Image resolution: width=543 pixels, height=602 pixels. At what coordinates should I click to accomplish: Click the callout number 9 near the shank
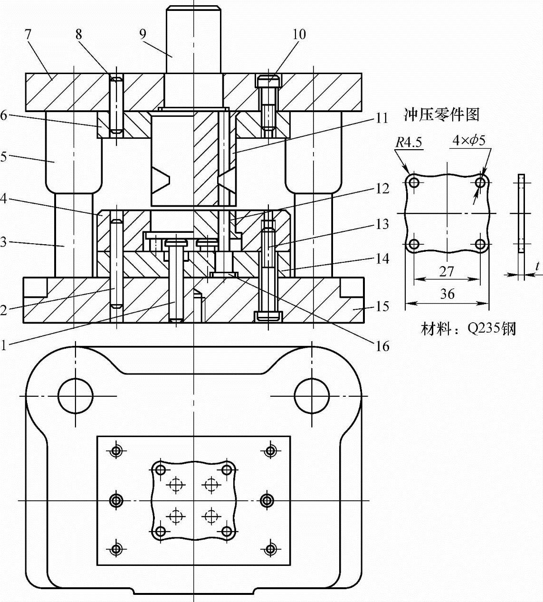(x=143, y=34)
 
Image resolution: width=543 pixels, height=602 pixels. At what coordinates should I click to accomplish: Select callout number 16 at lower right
(x=382, y=346)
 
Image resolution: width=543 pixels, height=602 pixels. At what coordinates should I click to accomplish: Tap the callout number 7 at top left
(x=28, y=35)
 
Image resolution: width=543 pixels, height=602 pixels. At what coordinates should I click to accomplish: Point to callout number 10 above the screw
(x=299, y=34)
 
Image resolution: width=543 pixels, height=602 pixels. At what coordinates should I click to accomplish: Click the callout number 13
(x=382, y=224)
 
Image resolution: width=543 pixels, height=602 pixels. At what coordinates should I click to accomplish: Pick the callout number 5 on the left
(x=4, y=157)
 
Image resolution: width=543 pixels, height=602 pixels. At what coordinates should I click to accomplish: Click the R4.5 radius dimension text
(x=409, y=142)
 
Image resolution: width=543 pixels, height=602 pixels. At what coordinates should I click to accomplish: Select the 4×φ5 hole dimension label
(x=469, y=140)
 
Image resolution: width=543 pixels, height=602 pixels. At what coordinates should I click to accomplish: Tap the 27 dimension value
(x=447, y=272)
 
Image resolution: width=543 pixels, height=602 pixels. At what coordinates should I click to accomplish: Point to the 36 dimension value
(x=447, y=294)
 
